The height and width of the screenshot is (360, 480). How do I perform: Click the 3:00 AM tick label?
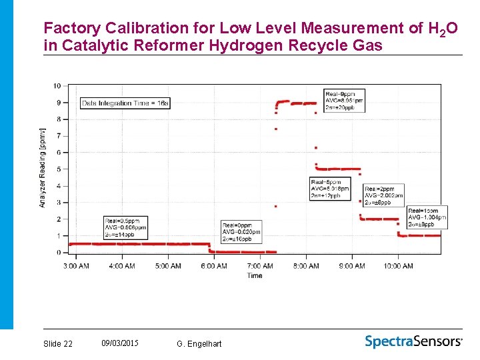pos(75,266)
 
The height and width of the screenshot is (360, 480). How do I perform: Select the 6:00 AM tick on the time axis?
pos(213,266)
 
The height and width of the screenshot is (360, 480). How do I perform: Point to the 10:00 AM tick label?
pos(398,266)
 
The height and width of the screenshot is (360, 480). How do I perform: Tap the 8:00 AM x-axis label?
pos(306,266)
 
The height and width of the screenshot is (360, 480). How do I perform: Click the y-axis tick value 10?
pos(57,86)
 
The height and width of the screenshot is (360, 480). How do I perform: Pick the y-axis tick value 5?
pos(59,169)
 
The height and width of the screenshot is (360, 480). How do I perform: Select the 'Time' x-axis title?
pos(255,275)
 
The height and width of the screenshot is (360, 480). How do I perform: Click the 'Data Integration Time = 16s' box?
pos(125,103)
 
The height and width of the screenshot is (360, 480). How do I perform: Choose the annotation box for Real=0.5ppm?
pos(125,229)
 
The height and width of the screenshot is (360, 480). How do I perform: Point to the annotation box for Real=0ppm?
pos(241,232)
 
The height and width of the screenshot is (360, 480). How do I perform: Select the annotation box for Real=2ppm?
pos(384,196)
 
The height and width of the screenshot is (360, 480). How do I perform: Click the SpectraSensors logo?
pos(413,341)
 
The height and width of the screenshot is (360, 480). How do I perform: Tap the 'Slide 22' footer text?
pos(58,343)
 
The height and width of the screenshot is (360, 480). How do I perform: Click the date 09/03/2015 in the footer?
pos(120,343)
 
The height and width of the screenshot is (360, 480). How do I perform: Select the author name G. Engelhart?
pos(199,343)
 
